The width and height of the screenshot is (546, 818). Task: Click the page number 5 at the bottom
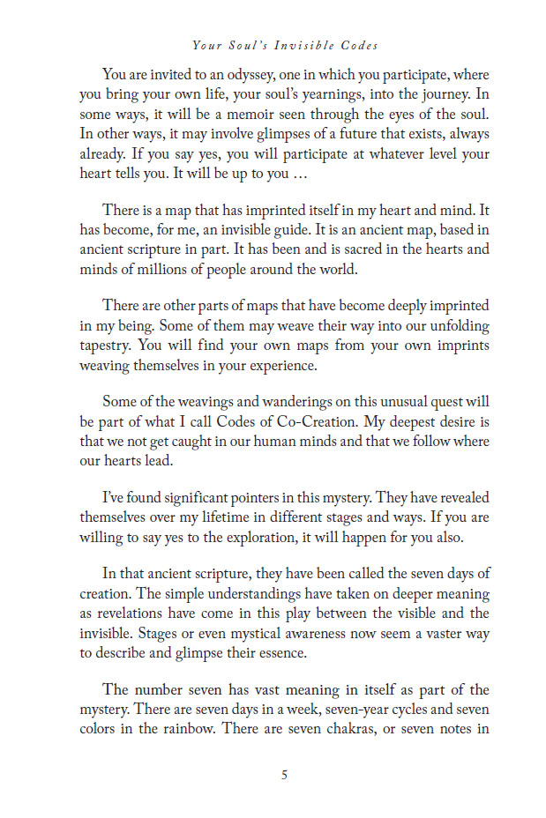[283, 776]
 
